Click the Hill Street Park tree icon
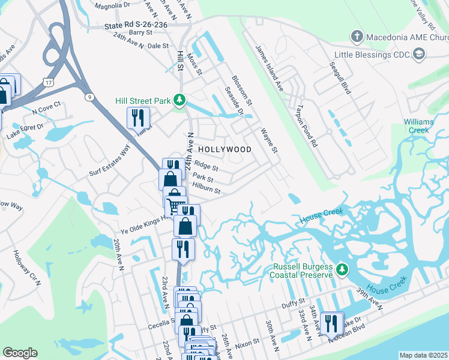pos(178,99)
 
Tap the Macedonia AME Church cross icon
pos(357,37)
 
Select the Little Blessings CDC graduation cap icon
pos(419,55)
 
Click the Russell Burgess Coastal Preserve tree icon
pos(342,269)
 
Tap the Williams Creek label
pos(418,126)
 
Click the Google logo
pos(20,353)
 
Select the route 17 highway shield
pos(48,81)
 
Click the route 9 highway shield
pos(89,97)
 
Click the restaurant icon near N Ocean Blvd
pos(331,323)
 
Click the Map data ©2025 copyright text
pos(423,355)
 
